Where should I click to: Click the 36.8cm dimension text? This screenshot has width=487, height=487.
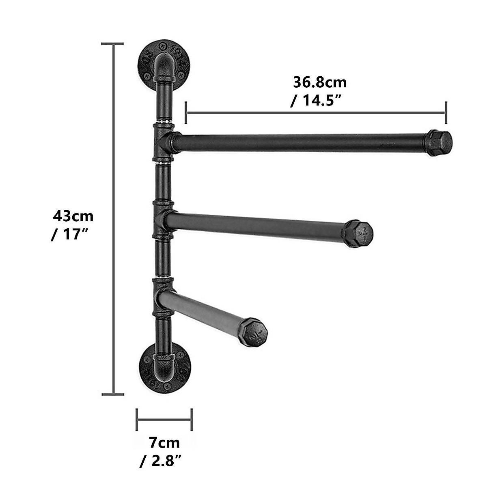tap(320, 82)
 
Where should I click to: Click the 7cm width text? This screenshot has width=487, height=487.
tap(164, 442)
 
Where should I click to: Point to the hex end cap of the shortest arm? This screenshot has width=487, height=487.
tap(253, 332)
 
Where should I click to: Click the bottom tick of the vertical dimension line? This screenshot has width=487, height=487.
tap(112, 394)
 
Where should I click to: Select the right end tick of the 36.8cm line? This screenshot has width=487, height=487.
tap(446, 113)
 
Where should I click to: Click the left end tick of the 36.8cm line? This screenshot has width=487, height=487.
tap(185, 113)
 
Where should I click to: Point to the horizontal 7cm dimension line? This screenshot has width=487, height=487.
tap(164, 420)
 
